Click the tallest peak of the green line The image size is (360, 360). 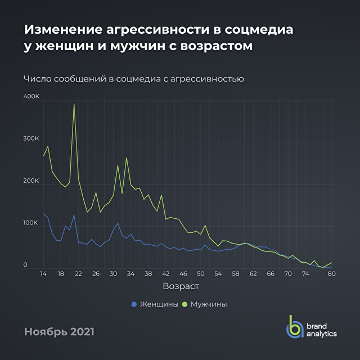click(74, 104)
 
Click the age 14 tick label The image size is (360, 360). click(43, 274)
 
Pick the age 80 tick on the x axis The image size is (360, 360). click(331, 274)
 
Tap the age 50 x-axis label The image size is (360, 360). click(201, 274)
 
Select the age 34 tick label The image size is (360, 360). click(130, 274)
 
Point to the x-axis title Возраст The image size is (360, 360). click(181, 287)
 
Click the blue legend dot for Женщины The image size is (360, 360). click(134, 304)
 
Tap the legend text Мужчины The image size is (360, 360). click(209, 304)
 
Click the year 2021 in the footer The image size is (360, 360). click(78, 332)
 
